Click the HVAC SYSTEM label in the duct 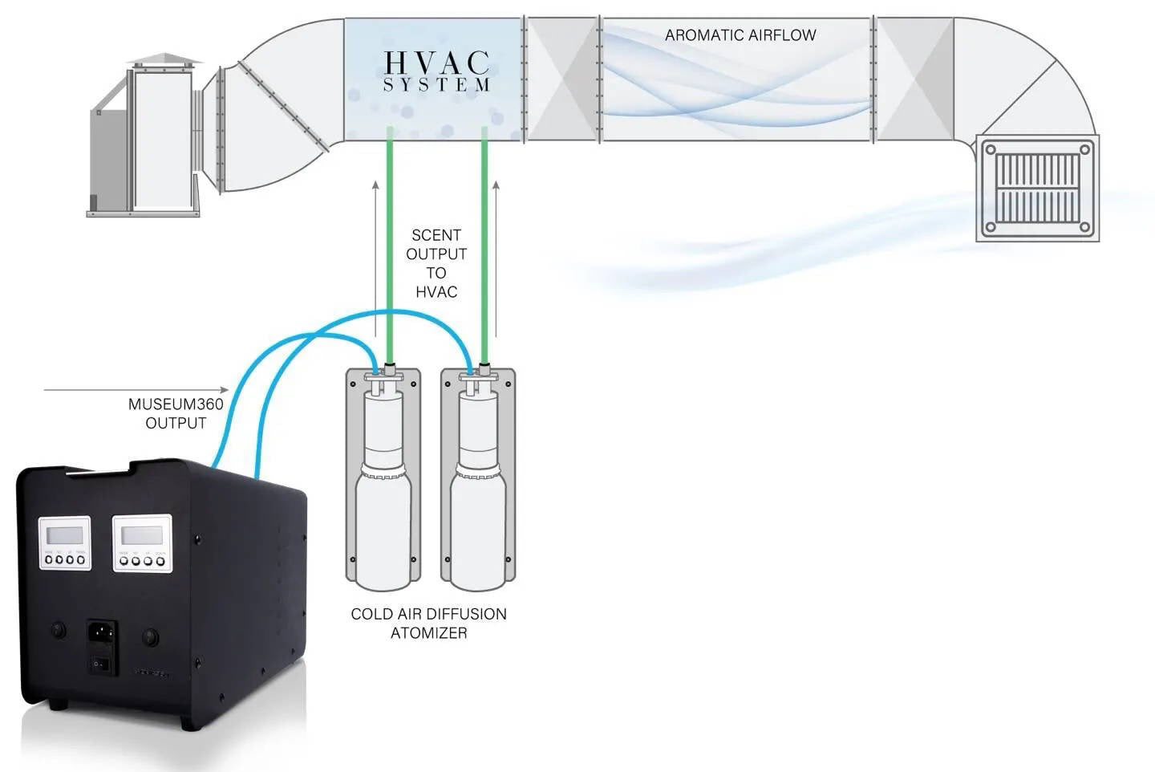(436, 71)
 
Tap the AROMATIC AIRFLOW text (740, 35)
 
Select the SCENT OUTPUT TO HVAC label (436, 263)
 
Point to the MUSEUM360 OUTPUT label (176, 413)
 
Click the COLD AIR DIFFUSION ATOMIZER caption (428, 624)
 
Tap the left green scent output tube (390, 241)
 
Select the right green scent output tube (484, 241)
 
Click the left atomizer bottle (383, 498)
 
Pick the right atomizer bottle (478, 498)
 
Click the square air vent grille (1037, 188)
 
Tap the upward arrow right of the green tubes (496, 257)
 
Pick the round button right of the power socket (149, 637)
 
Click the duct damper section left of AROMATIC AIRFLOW (561, 79)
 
